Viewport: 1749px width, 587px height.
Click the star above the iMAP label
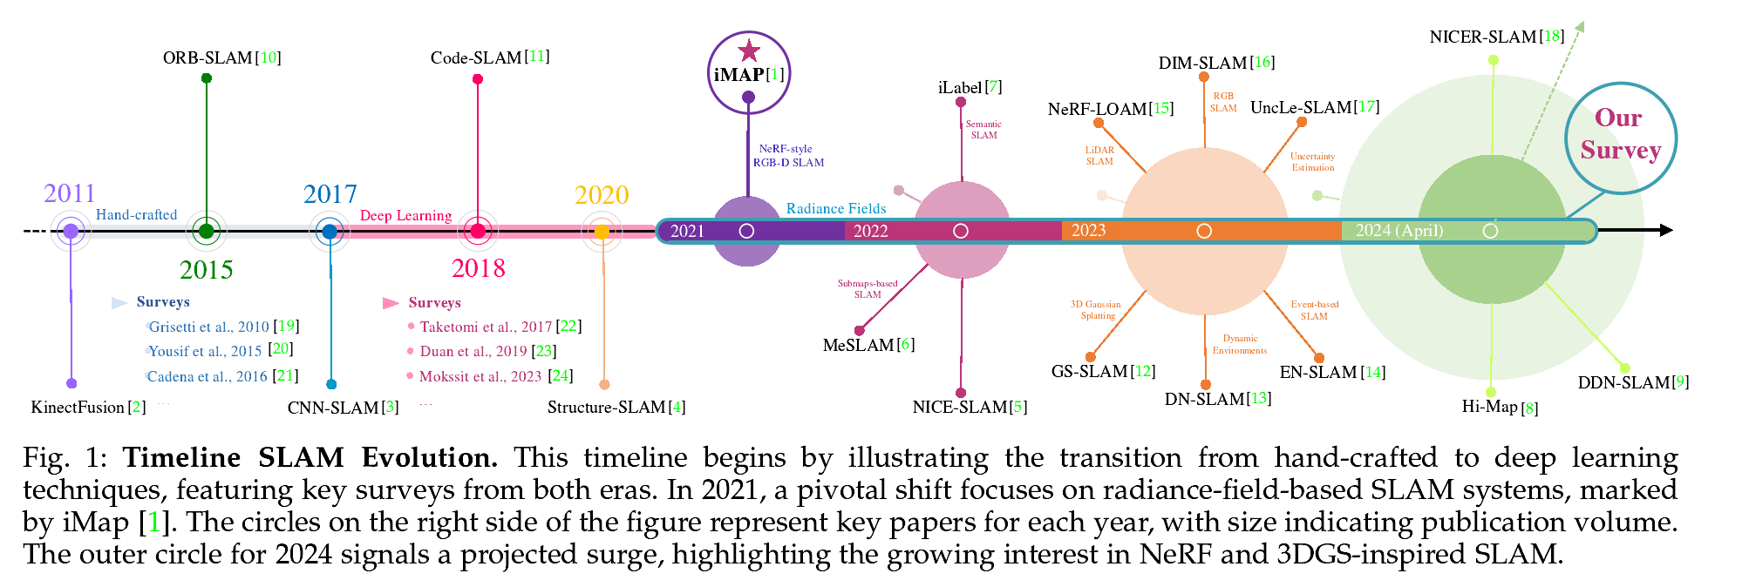[748, 51]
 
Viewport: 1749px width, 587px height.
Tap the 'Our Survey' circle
[1620, 136]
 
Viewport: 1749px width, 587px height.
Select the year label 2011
[69, 193]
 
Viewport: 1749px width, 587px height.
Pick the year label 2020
[602, 195]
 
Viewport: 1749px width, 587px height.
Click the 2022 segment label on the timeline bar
[870, 231]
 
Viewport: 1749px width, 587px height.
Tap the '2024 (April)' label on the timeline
[1399, 231]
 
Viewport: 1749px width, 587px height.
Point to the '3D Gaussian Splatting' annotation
[1096, 310]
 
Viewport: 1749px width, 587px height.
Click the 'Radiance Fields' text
[836, 209]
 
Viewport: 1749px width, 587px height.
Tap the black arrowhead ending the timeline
[1665, 231]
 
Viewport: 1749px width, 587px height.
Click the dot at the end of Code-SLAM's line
[478, 79]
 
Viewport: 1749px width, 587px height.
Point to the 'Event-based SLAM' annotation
[1314, 310]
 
